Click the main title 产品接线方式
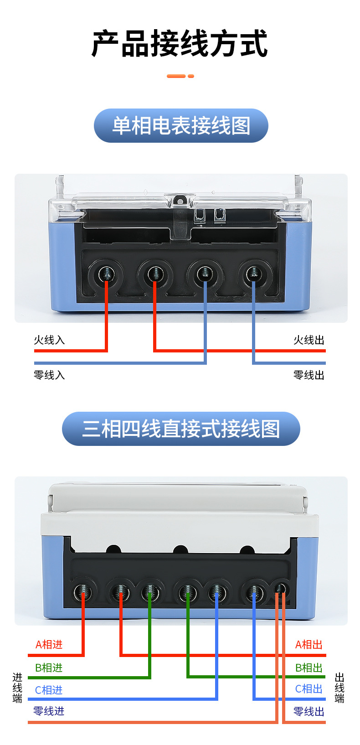coord(180,44)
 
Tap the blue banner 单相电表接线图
coord(181,126)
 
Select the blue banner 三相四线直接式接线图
coord(181,429)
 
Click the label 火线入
coord(49,340)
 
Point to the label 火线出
coord(309,340)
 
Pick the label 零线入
coord(49,375)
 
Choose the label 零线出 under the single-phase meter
coord(309,375)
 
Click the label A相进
coord(49,645)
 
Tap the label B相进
coord(49,668)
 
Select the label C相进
coord(49,690)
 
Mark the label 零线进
coord(49,711)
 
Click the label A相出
coord(309,645)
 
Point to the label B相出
coord(309,668)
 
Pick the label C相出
coord(309,689)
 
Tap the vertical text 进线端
coord(17,688)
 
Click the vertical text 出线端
coord(339,688)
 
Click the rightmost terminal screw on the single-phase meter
coord(253,274)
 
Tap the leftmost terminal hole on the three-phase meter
coord(82,593)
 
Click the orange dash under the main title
coord(180,76)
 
